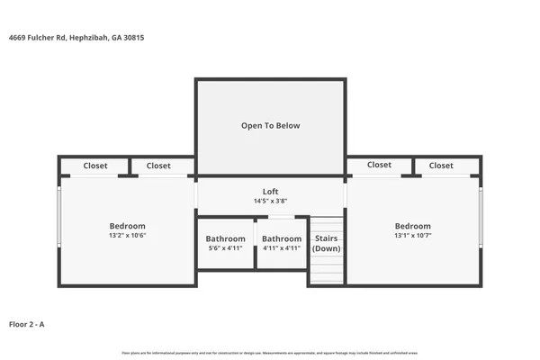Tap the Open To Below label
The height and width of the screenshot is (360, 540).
[x=270, y=125]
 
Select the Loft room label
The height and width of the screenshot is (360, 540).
[x=270, y=191]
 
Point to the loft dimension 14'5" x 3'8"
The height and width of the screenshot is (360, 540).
[x=270, y=201]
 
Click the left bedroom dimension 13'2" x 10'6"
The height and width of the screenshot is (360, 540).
[x=127, y=236]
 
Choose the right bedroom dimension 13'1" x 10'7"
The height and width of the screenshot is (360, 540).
[x=412, y=236]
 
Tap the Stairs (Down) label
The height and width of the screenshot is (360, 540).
[x=326, y=243]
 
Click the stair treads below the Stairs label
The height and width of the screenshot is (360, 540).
[x=326, y=269]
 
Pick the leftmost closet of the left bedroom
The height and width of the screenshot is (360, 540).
[x=94, y=166]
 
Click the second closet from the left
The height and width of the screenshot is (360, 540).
[x=158, y=166]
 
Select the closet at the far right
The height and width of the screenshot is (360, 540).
[x=441, y=166]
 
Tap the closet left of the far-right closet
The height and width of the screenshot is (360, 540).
[x=379, y=166]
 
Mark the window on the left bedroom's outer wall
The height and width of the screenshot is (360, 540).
[x=59, y=216]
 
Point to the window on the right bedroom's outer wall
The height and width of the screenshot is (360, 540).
[x=481, y=216]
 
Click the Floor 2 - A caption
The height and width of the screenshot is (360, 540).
[x=27, y=322]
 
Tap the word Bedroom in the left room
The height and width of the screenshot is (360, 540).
[x=127, y=226]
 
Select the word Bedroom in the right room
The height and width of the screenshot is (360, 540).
[x=412, y=226]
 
